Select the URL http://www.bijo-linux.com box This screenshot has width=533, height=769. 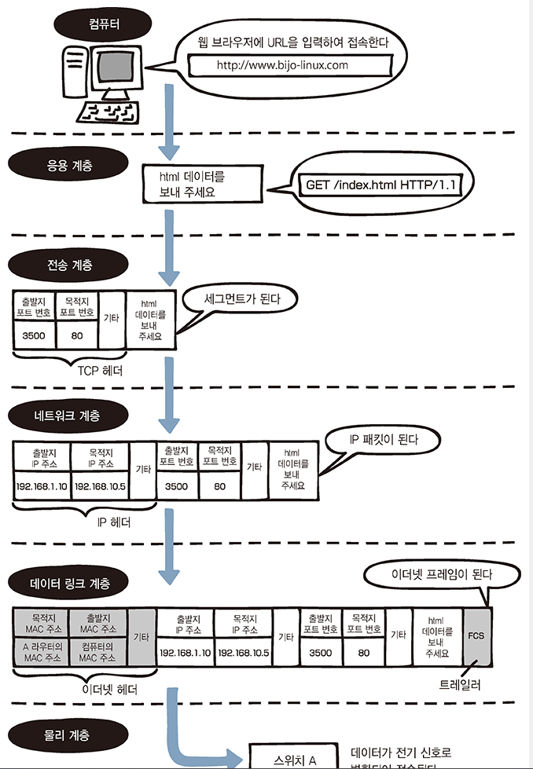click(281, 65)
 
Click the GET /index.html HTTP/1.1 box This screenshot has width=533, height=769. click(380, 185)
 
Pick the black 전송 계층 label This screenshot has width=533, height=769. click(68, 264)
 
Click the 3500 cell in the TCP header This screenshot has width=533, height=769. click(34, 335)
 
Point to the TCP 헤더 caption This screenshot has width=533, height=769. click(100, 369)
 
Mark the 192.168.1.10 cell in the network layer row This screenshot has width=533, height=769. click(42, 486)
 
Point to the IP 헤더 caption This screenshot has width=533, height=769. click(113, 522)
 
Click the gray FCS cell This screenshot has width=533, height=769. click(476, 635)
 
